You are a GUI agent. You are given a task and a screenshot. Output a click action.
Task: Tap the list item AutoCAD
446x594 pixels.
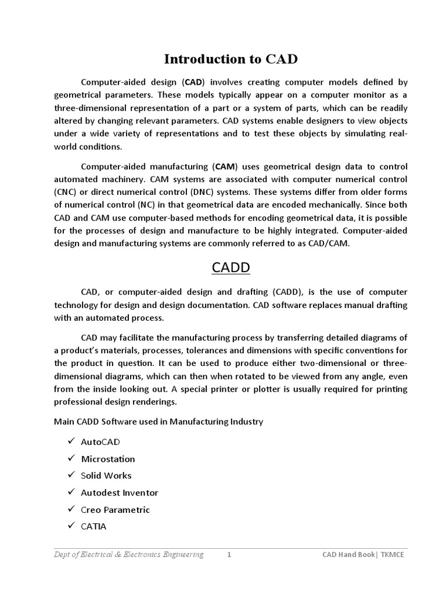(x=100, y=442)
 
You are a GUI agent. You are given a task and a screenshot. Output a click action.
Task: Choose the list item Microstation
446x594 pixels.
(x=108, y=459)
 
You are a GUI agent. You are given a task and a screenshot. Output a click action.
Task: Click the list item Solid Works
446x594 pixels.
(x=106, y=476)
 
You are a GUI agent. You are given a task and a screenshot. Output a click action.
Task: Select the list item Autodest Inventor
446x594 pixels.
(x=120, y=492)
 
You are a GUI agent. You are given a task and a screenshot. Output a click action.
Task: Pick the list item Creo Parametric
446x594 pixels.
(x=116, y=509)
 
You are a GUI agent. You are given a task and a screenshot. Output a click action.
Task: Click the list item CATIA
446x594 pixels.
(x=94, y=526)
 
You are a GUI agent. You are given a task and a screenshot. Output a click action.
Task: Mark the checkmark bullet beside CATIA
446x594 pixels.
(x=71, y=526)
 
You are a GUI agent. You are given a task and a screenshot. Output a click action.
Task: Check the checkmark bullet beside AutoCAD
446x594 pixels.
(x=71, y=441)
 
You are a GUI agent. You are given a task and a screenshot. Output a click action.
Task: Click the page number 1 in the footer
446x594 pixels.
(x=229, y=555)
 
